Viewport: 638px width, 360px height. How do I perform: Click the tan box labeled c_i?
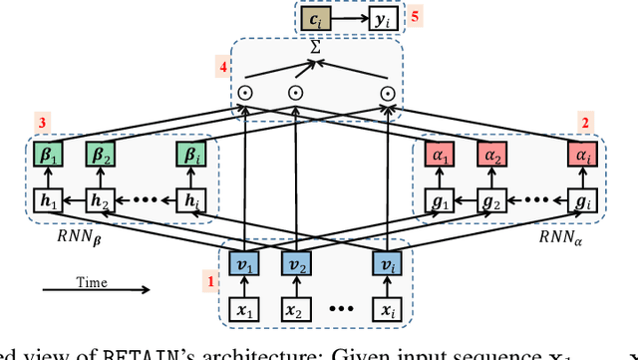(x=314, y=18)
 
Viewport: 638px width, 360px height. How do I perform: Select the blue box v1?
(x=245, y=264)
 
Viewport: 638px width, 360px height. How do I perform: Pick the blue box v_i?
(x=386, y=264)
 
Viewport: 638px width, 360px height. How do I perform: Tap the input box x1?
(x=245, y=310)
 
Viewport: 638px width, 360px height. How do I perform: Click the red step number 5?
(x=416, y=18)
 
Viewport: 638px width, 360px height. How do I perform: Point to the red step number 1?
(x=210, y=282)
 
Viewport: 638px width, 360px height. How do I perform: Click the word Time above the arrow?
(x=91, y=282)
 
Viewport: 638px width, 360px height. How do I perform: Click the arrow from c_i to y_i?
(x=348, y=18)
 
